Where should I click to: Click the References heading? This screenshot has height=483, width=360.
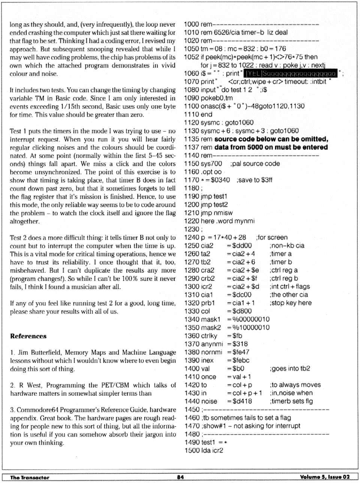pyautogui.click(x=28, y=336)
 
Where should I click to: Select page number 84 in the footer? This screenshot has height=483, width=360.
pyautogui.click(x=180, y=477)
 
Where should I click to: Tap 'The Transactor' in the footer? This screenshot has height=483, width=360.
pyautogui.click(x=29, y=477)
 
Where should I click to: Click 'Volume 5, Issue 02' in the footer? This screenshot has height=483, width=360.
pyautogui.click(x=325, y=477)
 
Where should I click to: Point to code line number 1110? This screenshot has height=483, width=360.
pyautogui.click(x=191, y=114)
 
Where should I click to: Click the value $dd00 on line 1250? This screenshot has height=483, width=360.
pyautogui.click(x=239, y=246)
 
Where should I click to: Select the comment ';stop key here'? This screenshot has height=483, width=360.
pyautogui.click(x=290, y=303)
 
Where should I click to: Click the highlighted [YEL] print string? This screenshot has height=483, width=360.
pyautogui.click(x=291, y=74)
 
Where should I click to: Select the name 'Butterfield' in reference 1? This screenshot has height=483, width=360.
pyautogui.click(x=45, y=352)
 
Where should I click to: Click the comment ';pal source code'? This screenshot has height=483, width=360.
pyautogui.click(x=255, y=164)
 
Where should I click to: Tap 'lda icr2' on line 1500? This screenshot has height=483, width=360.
pyautogui.click(x=212, y=450)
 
